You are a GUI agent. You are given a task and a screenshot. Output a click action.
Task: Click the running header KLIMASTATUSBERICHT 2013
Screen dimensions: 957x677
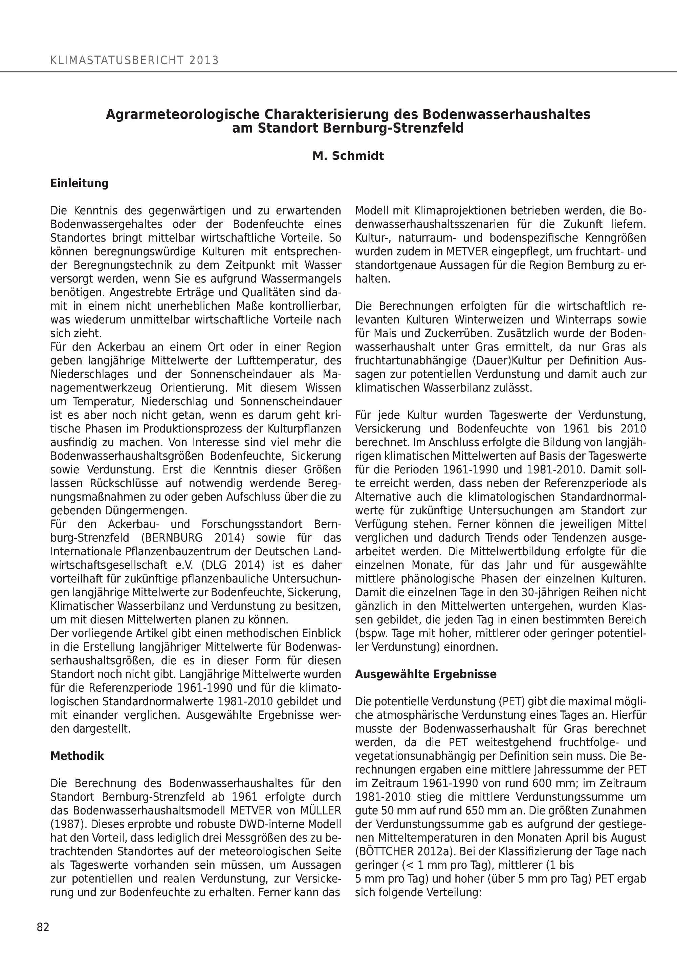[134, 61]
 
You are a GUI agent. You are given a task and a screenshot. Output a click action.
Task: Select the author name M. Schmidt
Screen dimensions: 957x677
[348, 156]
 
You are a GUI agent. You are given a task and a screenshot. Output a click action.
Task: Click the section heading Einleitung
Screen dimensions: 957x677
[79, 183]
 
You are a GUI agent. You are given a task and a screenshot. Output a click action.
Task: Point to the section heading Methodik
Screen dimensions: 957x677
[77, 756]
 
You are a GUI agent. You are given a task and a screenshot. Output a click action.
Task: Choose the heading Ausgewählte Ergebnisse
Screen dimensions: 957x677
[425, 674]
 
